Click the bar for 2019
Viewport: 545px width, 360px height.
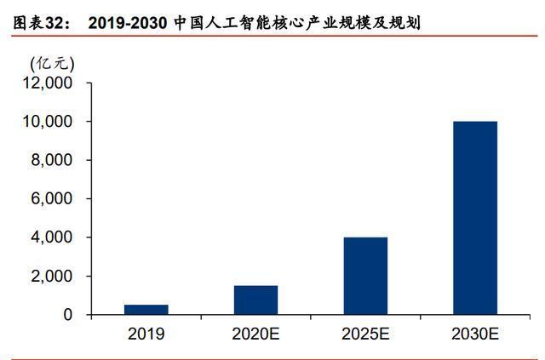point(146,310)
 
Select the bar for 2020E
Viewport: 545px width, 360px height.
point(255,300)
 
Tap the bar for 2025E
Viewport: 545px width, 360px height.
point(365,276)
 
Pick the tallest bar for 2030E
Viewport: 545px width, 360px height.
point(475,218)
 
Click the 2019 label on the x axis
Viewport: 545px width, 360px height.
point(146,334)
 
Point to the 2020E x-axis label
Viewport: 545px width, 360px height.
point(255,334)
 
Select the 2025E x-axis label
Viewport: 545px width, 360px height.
point(365,334)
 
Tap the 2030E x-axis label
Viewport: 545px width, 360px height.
point(475,334)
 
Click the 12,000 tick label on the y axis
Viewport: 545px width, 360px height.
point(48,83)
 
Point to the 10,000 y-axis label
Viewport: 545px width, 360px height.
point(48,122)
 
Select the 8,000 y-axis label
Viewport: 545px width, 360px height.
point(51,160)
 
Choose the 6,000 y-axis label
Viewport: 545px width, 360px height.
point(51,199)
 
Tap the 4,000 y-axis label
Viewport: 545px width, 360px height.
point(51,237)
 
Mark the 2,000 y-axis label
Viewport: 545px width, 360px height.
point(51,277)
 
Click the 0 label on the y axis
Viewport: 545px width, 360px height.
point(68,315)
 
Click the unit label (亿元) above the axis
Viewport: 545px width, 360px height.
point(52,64)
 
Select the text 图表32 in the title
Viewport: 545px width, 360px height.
point(37,23)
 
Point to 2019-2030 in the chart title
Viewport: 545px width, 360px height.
point(128,23)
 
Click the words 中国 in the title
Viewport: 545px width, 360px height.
point(189,23)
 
